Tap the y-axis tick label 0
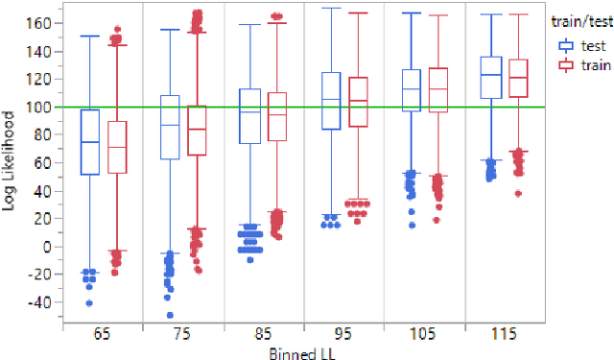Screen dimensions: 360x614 (x=51, y=247)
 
